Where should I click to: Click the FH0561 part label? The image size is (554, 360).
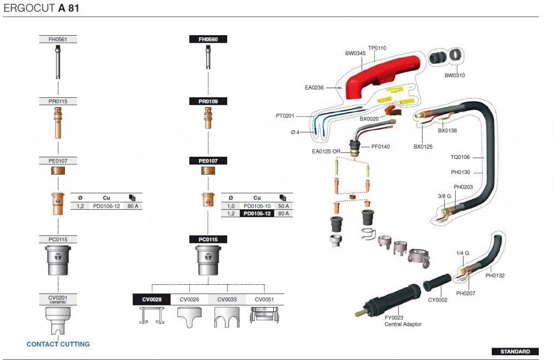tap(58, 39)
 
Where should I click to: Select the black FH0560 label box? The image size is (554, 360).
tap(208, 39)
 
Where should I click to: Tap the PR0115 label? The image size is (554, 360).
tap(58, 102)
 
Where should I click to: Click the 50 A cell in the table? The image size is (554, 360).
tap(283, 206)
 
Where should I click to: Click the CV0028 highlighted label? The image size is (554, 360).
tap(151, 299)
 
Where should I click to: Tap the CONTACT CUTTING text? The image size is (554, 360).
tap(58, 344)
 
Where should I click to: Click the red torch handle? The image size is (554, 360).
tap(379, 76)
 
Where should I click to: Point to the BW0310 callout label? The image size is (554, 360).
tap(454, 75)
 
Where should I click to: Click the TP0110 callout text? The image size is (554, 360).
tap(377, 48)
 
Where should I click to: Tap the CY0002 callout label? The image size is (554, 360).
tap(438, 299)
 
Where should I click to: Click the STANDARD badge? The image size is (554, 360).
tap(515, 351)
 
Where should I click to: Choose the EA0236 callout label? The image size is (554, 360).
tap(314, 87)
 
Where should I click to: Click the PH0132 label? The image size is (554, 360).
tap(494, 276)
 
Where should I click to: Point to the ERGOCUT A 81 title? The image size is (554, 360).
tap(41, 9)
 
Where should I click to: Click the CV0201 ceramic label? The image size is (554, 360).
tap(58, 299)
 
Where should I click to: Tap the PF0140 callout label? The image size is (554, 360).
tap(381, 146)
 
